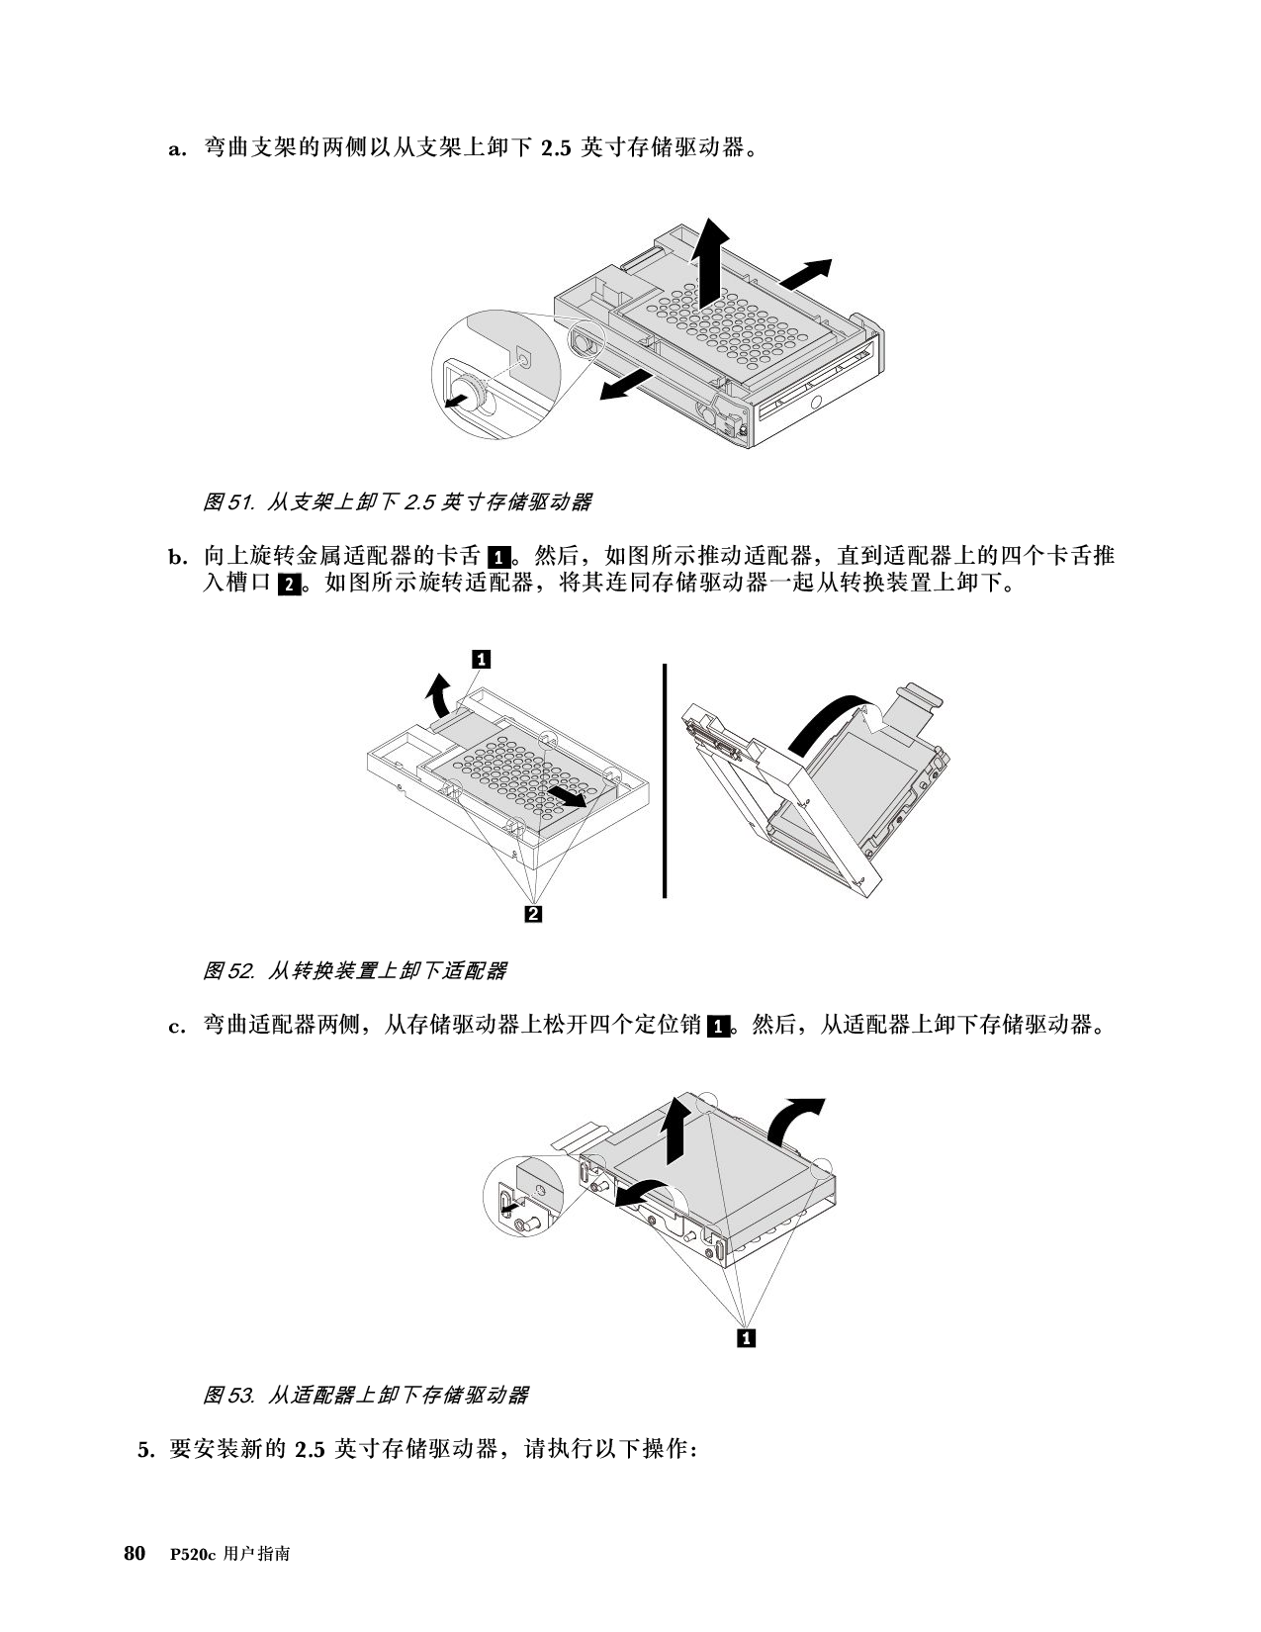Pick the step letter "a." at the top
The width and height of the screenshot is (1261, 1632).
point(177,148)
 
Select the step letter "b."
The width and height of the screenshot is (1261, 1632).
point(178,557)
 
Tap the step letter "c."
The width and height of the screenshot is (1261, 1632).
point(177,1027)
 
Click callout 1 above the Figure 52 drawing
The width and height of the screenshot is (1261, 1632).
point(481,660)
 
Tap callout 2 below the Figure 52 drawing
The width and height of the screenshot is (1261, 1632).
point(533,914)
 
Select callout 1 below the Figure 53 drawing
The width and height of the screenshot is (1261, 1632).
point(746,1337)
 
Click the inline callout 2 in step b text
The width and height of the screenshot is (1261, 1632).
point(289,585)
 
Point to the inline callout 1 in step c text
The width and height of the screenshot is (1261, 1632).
point(719,1027)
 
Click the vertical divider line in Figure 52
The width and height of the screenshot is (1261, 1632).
point(665,780)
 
